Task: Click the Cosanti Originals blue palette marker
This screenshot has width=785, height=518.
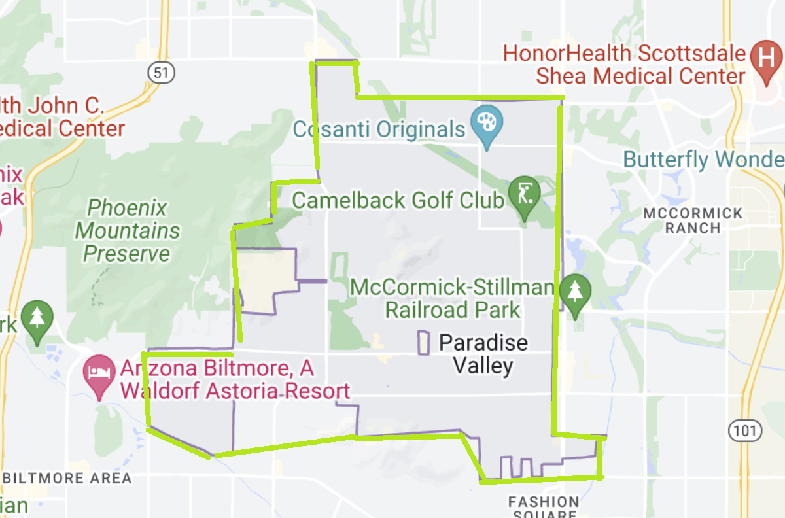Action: tap(487, 122)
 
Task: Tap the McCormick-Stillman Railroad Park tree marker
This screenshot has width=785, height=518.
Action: tap(574, 291)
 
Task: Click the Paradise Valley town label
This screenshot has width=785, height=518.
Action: tap(483, 354)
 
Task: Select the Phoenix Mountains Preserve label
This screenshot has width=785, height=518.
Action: tap(128, 231)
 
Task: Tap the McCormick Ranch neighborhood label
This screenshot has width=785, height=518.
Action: tap(693, 220)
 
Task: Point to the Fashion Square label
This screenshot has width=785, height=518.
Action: tap(544, 507)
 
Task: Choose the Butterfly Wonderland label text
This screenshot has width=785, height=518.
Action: tap(703, 160)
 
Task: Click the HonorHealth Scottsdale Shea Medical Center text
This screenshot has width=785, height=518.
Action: tap(625, 64)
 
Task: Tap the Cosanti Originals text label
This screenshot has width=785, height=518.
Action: tap(379, 129)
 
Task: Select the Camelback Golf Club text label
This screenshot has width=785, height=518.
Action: tap(398, 199)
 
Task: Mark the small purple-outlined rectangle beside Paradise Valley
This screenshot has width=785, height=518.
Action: tap(424, 343)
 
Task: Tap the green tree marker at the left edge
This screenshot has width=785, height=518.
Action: tap(37, 319)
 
